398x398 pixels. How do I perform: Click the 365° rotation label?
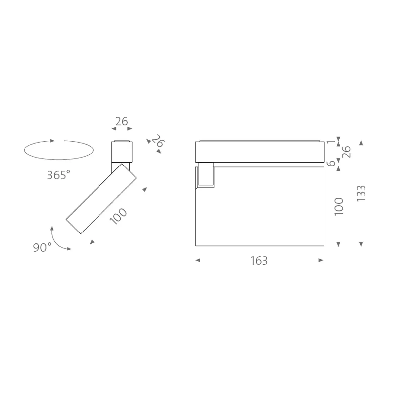click(58, 175)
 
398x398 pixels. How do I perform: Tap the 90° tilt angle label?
click(42, 247)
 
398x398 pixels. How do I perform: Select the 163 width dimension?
click(259, 261)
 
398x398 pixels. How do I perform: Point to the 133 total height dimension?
click(361, 193)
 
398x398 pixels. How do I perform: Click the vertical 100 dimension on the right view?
click(339, 206)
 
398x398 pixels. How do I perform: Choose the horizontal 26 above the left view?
click(121, 122)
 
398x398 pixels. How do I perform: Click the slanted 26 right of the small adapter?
click(158, 142)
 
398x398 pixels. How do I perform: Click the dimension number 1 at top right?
click(330, 142)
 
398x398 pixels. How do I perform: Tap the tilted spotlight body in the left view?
click(101, 199)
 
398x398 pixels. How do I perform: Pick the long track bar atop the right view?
click(259, 152)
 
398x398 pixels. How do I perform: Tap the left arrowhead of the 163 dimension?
click(198, 261)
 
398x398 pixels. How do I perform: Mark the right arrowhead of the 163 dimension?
click(321, 261)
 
